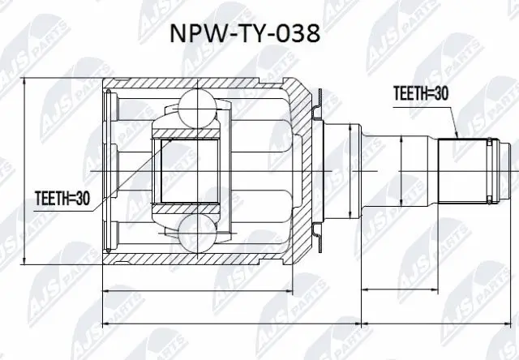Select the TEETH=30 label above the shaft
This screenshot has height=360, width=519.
[x=420, y=93]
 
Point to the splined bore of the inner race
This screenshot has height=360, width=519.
[x=190, y=170]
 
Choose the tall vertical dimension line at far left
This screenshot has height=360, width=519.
[x=27, y=170]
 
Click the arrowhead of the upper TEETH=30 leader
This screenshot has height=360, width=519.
[x=458, y=138]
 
